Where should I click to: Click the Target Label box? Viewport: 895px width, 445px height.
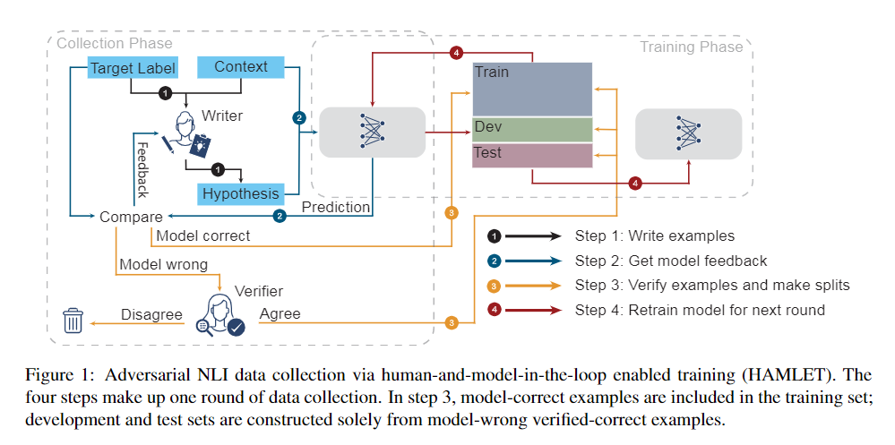pyautogui.click(x=132, y=68)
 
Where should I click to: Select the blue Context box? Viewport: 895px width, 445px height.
pyautogui.click(x=240, y=66)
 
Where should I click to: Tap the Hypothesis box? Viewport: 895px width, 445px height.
pyautogui.click(x=239, y=193)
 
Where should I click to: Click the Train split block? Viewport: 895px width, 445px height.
pyautogui.click(x=532, y=89)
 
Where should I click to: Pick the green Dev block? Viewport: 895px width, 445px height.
pyautogui.click(x=532, y=129)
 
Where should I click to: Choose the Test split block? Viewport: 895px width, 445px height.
pyautogui.click(x=532, y=155)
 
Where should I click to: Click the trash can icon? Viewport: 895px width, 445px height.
pyautogui.click(x=73, y=320)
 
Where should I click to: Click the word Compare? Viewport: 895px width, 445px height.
pyautogui.click(x=131, y=217)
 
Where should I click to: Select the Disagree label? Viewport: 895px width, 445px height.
pyautogui.click(x=152, y=314)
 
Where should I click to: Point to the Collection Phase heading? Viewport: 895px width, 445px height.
pyautogui.click(x=114, y=43)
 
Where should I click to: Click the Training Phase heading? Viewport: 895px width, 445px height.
pyautogui.click(x=691, y=46)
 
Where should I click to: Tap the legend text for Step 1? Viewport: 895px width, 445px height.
pyautogui.click(x=654, y=236)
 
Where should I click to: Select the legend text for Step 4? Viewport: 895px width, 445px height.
pyautogui.click(x=699, y=310)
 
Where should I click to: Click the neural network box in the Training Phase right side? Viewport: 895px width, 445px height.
pyautogui.click(x=688, y=135)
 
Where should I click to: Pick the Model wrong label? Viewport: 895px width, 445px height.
pyautogui.click(x=163, y=264)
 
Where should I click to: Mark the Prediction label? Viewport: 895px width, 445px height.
pyautogui.click(x=335, y=208)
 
